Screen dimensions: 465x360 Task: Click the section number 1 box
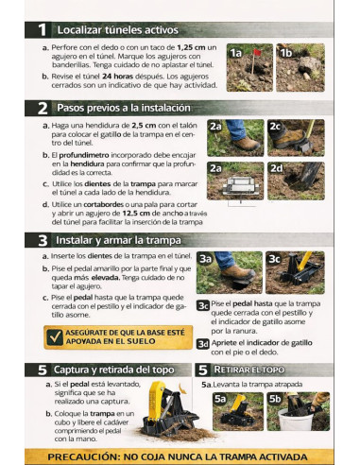[x=42, y=29]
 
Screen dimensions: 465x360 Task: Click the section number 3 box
[x=42, y=240]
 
